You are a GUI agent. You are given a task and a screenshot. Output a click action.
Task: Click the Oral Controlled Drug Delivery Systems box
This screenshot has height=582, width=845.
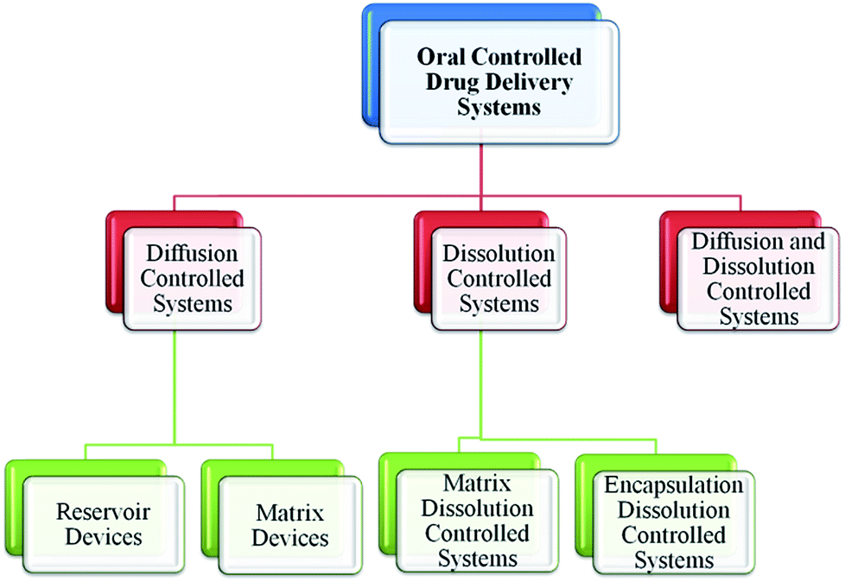[499, 82]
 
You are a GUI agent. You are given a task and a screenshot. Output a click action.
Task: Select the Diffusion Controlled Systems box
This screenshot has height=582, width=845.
[193, 279]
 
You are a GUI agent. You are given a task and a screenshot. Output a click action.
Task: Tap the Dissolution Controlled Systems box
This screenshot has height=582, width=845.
[499, 279]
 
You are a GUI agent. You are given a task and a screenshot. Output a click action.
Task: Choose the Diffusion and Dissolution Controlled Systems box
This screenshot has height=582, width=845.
[759, 279]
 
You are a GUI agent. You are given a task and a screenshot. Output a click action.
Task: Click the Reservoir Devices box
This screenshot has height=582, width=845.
[104, 524]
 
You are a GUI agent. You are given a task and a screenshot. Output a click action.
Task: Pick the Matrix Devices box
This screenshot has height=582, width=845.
[290, 524]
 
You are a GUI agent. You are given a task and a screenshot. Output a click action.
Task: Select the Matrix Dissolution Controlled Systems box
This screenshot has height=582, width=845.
[478, 521]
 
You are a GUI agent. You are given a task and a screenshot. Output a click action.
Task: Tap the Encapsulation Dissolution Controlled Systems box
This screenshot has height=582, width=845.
[674, 522]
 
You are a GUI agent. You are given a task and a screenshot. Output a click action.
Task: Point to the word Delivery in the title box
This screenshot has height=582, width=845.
[529, 83]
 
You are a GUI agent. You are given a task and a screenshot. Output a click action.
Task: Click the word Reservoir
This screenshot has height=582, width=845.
[104, 511]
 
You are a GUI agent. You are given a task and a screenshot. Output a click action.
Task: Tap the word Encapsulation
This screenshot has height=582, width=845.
[674, 485]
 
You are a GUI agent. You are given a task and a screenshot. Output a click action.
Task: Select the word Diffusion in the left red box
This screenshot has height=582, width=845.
[193, 254]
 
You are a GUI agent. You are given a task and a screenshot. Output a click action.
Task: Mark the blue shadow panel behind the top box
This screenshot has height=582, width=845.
[372, 66]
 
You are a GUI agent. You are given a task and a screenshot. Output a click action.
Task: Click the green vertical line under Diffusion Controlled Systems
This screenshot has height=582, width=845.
[175, 387]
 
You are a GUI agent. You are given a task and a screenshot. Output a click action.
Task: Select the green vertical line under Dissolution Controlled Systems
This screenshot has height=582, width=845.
[480, 384]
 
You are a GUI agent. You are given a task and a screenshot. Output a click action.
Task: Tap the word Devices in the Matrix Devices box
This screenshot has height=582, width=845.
[290, 538]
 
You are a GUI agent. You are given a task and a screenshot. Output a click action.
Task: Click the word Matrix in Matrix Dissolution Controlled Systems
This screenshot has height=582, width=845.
[478, 484]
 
